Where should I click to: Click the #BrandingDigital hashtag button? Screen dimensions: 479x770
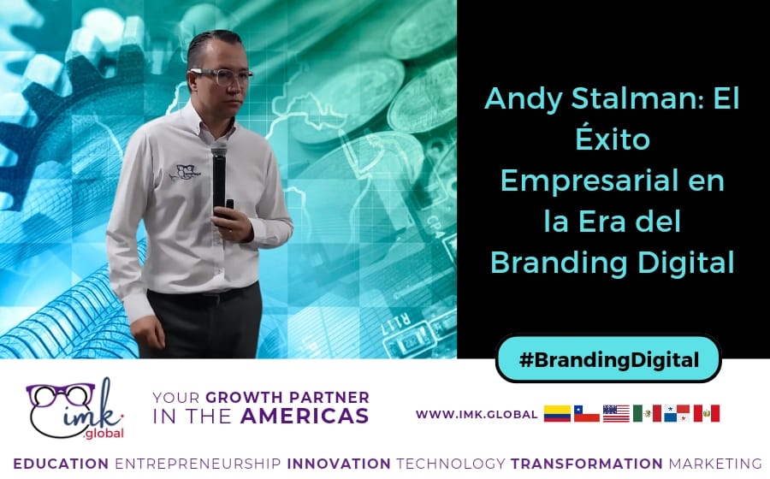[608, 359]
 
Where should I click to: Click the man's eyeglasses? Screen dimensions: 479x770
[221, 75]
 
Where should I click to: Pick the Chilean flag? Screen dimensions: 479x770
[587, 414]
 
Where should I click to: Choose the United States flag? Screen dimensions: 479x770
[616, 414]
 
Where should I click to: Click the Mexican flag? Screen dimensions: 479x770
[647, 414]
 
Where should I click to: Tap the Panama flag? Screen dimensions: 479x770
[676, 414]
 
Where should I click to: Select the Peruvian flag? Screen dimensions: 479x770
[706, 414]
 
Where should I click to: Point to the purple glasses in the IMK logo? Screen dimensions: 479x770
[60, 394]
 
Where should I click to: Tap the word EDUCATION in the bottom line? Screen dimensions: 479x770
[61, 463]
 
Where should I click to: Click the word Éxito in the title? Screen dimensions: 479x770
[612, 140]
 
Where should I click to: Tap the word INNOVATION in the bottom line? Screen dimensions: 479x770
[339, 463]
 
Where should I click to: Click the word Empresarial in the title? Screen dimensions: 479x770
[612, 181]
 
